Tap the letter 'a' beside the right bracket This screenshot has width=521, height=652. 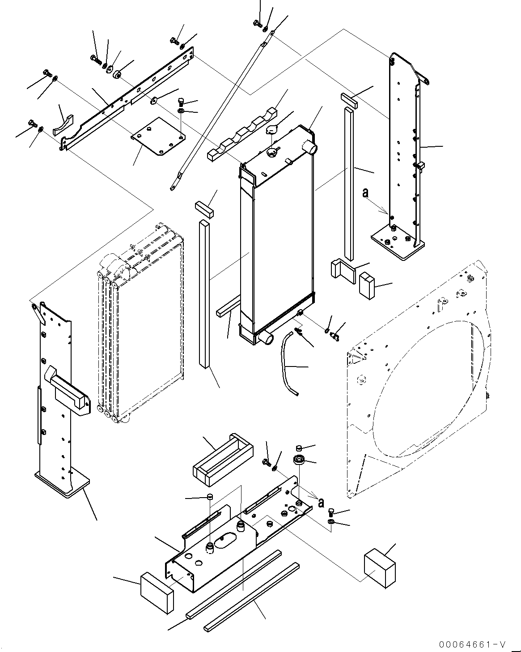[x=365, y=193]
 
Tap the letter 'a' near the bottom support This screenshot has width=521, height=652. [x=320, y=503]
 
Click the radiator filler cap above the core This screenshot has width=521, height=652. [x=272, y=130]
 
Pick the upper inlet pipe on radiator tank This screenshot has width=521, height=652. [x=310, y=146]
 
